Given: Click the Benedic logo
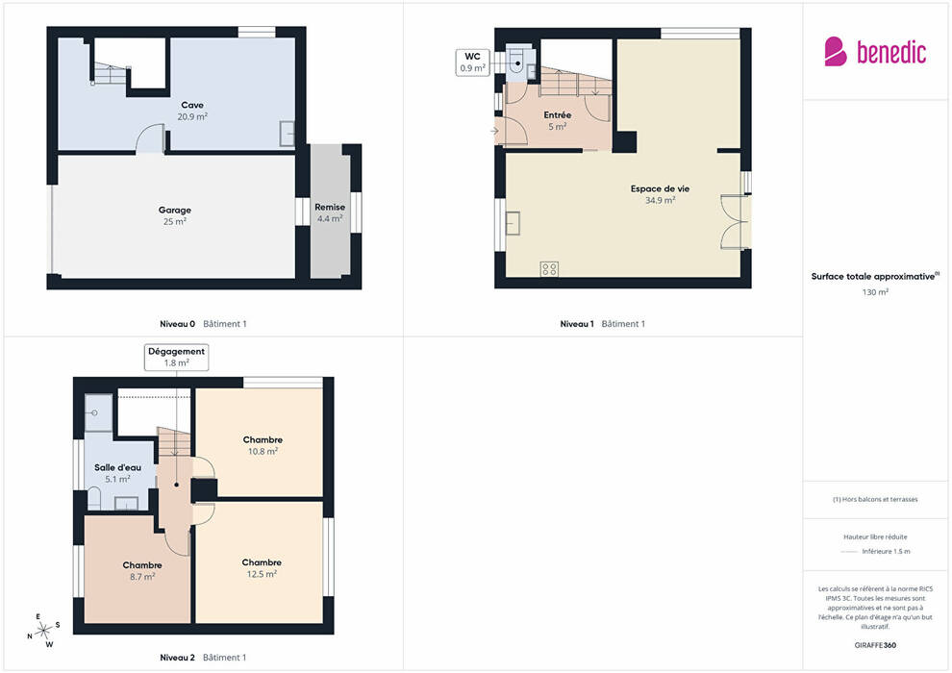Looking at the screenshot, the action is (x=875, y=52).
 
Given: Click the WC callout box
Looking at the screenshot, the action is (x=472, y=62).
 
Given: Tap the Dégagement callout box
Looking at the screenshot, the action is (x=176, y=357).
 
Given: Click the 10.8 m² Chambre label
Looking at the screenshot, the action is (x=263, y=445).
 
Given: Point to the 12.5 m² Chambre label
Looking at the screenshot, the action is (x=262, y=568).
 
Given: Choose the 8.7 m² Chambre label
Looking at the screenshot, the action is (x=142, y=570).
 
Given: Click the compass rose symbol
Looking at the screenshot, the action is (x=43, y=631).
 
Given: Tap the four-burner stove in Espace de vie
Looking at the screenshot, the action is (x=549, y=269).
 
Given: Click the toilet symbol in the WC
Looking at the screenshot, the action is (x=516, y=60).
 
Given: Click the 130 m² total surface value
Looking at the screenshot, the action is (x=875, y=292).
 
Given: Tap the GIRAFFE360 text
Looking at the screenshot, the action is (x=875, y=645).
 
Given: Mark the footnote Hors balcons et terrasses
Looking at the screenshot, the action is (x=875, y=499).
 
